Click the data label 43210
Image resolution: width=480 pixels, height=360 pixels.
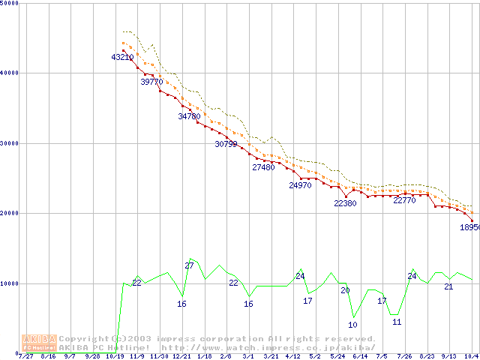(x=122, y=57)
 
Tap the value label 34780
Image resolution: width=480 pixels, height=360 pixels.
(x=189, y=116)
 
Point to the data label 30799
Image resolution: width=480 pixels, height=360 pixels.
(x=226, y=143)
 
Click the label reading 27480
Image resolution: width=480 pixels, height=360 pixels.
(x=263, y=167)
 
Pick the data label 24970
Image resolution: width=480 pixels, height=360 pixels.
(x=300, y=185)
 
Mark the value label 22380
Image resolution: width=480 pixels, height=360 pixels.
(x=345, y=203)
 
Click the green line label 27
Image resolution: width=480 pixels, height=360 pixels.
(x=189, y=265)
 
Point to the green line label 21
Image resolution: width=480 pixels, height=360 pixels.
(x=448, y=286)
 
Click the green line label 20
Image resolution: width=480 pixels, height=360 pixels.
(x=345, y=290)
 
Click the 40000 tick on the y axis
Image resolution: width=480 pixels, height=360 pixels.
(x=9, y=73)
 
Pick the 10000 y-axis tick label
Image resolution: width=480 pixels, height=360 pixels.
(x=9, y=283)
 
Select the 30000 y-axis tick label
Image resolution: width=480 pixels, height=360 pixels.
(x=9, y=143)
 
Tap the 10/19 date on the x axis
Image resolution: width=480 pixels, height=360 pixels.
(x=115, y=356)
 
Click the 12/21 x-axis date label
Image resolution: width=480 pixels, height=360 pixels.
(x=181, y=356)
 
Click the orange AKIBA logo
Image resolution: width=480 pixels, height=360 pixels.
(x=39, y=343)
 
